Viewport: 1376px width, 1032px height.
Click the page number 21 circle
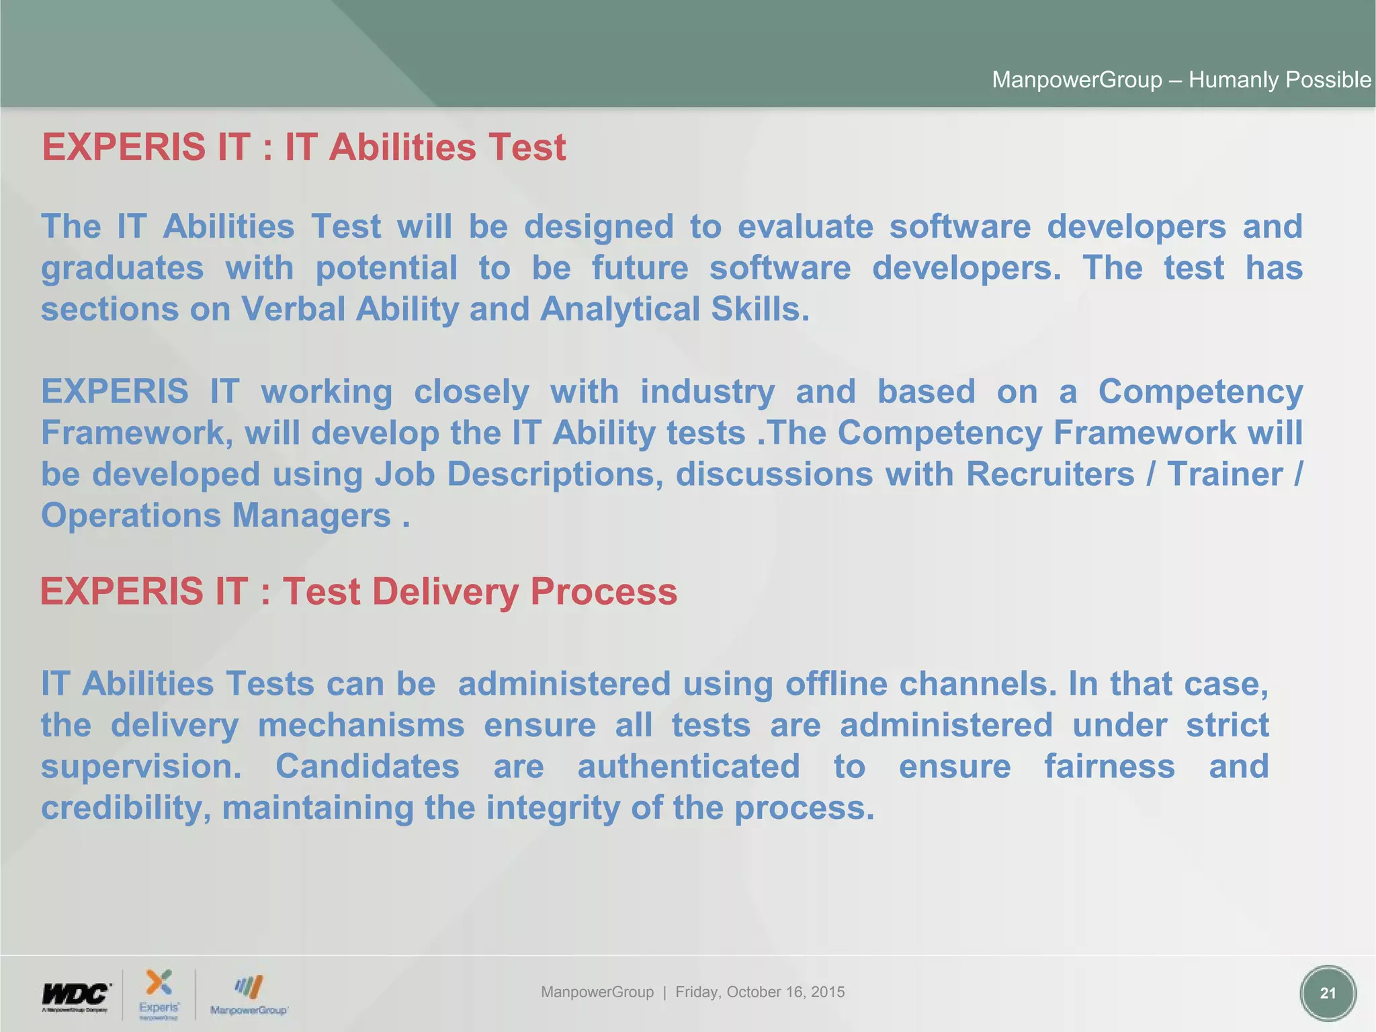[1328, 993]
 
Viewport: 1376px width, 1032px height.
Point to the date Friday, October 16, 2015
[760, 992]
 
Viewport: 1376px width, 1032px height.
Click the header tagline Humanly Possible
[1279, 80]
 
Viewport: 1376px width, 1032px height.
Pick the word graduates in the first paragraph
[122, 268]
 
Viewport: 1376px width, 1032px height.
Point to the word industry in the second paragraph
[707, 392]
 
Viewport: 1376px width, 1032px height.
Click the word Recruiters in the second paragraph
[1050, 474]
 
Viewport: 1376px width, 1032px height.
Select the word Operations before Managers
[131, 516]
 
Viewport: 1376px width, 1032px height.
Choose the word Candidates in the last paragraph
[368, 767]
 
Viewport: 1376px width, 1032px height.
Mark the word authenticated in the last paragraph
[689, 767]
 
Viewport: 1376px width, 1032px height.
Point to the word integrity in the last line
[553, 808]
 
